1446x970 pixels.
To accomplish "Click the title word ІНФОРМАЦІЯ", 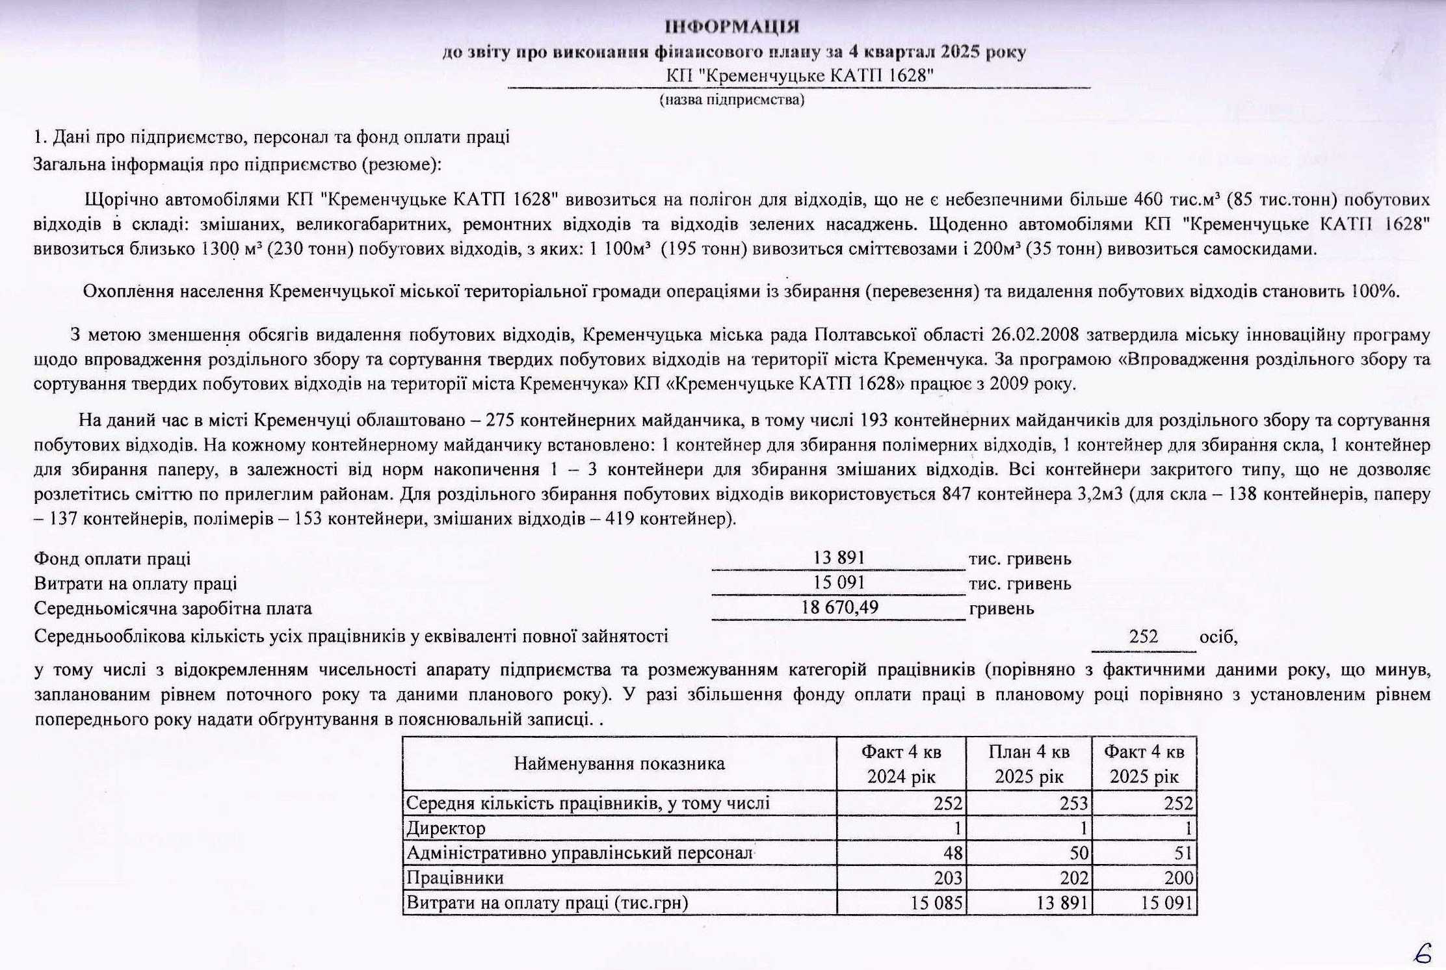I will click(x=732, y=27).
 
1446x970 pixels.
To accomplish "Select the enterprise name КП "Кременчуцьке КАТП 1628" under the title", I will click(x=800, y=76).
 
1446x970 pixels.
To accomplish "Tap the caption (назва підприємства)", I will click(x=732, y=100).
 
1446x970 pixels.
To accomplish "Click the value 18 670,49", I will click(x=839, y=608).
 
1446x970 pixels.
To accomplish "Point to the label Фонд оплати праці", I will click(x=112, y=558).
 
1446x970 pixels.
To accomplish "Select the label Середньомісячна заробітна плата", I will click(x=173, y=609).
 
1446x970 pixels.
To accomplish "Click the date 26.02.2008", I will click(x=1036, y=335).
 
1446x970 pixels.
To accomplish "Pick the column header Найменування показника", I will click(x=619, y=763).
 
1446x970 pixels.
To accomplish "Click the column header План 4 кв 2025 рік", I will click(x=1029, y=764).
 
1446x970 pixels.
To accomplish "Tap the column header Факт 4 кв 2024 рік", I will click(x=901, y=764).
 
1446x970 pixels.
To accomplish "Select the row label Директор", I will click(x=446, y=828).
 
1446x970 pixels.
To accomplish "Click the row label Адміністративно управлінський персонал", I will click(x=579, y=853).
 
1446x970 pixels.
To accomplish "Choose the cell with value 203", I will click(x=948, y=878).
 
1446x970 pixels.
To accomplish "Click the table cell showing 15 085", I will click(x=936, y=903).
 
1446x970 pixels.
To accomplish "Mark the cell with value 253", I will click(x=1074, y=804).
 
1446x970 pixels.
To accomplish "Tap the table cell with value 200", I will click(x=1179, y=878).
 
